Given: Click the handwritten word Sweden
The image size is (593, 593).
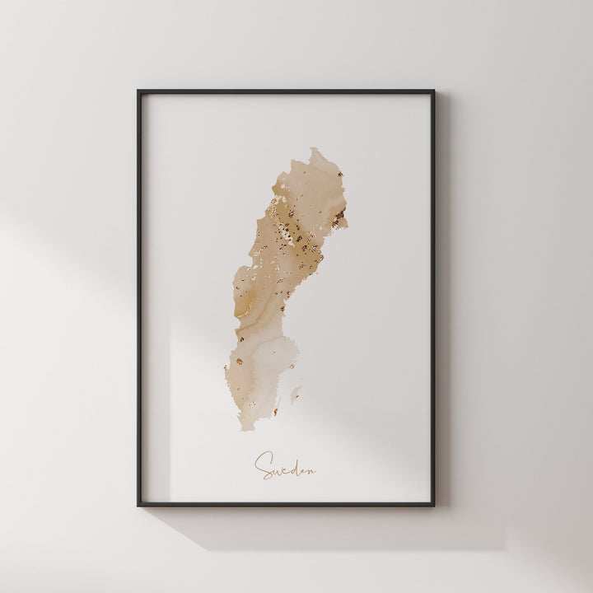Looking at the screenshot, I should point(285,466).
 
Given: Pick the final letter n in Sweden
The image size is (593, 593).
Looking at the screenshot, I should point(311,471).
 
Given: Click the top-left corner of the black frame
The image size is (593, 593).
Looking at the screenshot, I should point(138,91).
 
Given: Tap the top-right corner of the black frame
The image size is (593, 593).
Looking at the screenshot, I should point(433,91).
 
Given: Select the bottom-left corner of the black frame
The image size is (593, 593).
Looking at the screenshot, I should point(138,505).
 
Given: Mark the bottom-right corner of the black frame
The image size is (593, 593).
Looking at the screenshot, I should point(433,505).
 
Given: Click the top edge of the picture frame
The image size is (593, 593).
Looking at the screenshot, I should point(286,91).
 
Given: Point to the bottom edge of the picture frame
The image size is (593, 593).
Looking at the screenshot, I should point(286,505).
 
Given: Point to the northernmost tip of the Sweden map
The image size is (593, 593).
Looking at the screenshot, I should point(315,150).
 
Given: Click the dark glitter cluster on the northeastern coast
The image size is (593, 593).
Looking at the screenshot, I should point(338,217).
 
